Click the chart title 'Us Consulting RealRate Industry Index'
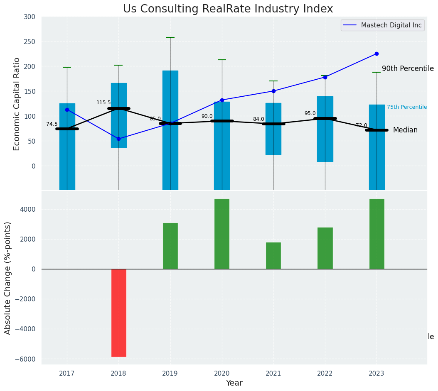click(x=228, y=9)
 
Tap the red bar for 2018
click(x=118, y=313)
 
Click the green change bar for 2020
click(x=221, y=234)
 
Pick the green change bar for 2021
click(x=273, y=255)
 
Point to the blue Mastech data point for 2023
click(x=376, y=54)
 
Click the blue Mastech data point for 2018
click(x=118, y=139)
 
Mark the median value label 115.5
click(x=103, y=103)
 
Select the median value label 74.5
click(x=52, y=124)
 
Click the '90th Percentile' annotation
click(x=407, y=69)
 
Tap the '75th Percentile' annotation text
click(x=406, y=107)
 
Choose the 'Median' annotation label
click(x=405, y=130)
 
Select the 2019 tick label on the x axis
click(x=170, y=374)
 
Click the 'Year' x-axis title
click(x=234, y=383)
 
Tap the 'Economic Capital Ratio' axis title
click(x=17, y=104)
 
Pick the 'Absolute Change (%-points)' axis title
click(x=8, y=278)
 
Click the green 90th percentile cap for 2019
click(x=170, y=37)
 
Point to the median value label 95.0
click(x=310, y=113)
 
